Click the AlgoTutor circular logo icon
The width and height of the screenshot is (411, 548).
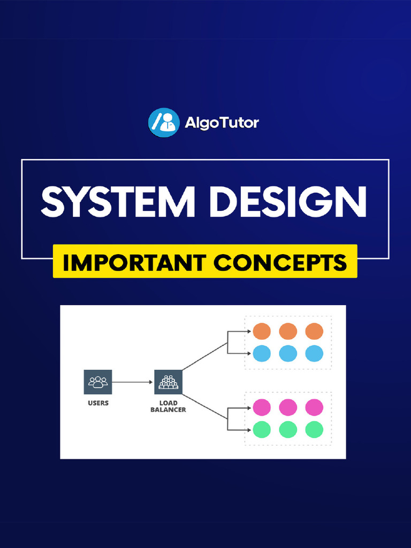(x=163, y=123)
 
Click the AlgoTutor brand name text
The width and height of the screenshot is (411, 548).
(x=222, y=123)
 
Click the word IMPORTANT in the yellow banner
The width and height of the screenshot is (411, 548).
(x=134, y=262)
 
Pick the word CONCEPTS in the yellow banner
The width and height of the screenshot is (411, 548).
(x=280, y=262)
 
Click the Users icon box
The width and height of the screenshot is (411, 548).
(x=98, y=382)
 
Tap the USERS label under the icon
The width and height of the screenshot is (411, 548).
(x=98, y=403)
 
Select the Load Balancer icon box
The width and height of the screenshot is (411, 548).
(x=168, y=382)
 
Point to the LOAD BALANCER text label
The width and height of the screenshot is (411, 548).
(x=168, y=406)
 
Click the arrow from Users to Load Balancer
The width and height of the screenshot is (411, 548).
(x=132, y=382)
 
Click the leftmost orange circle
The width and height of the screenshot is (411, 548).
(x=262, y=331)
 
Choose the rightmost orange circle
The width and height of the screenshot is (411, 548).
(x=314, y=331)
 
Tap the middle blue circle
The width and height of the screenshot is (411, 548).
(x=288, y=353)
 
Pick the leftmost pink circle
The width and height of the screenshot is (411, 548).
(x=262, y=407)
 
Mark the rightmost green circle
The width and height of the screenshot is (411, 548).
(x=314, y=429)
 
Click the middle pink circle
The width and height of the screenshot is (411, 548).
(x=288, y=407)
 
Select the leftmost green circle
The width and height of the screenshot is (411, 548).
(x=262, y=429)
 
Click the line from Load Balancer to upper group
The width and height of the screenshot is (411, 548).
(x=204, y=356)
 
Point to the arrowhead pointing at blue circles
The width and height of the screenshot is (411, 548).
(x=248, y=353)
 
